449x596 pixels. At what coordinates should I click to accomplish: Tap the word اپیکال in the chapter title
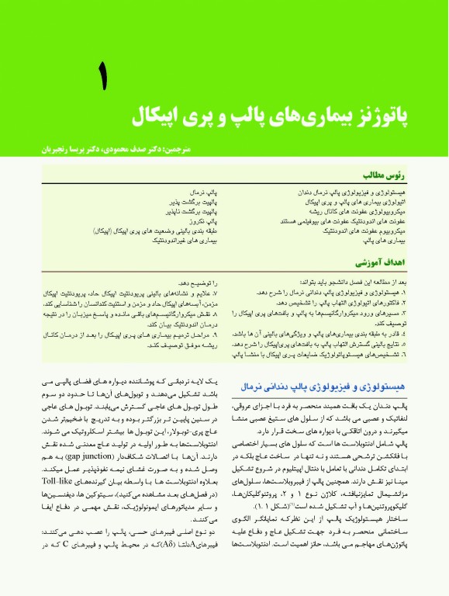click(x=151, y=117)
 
